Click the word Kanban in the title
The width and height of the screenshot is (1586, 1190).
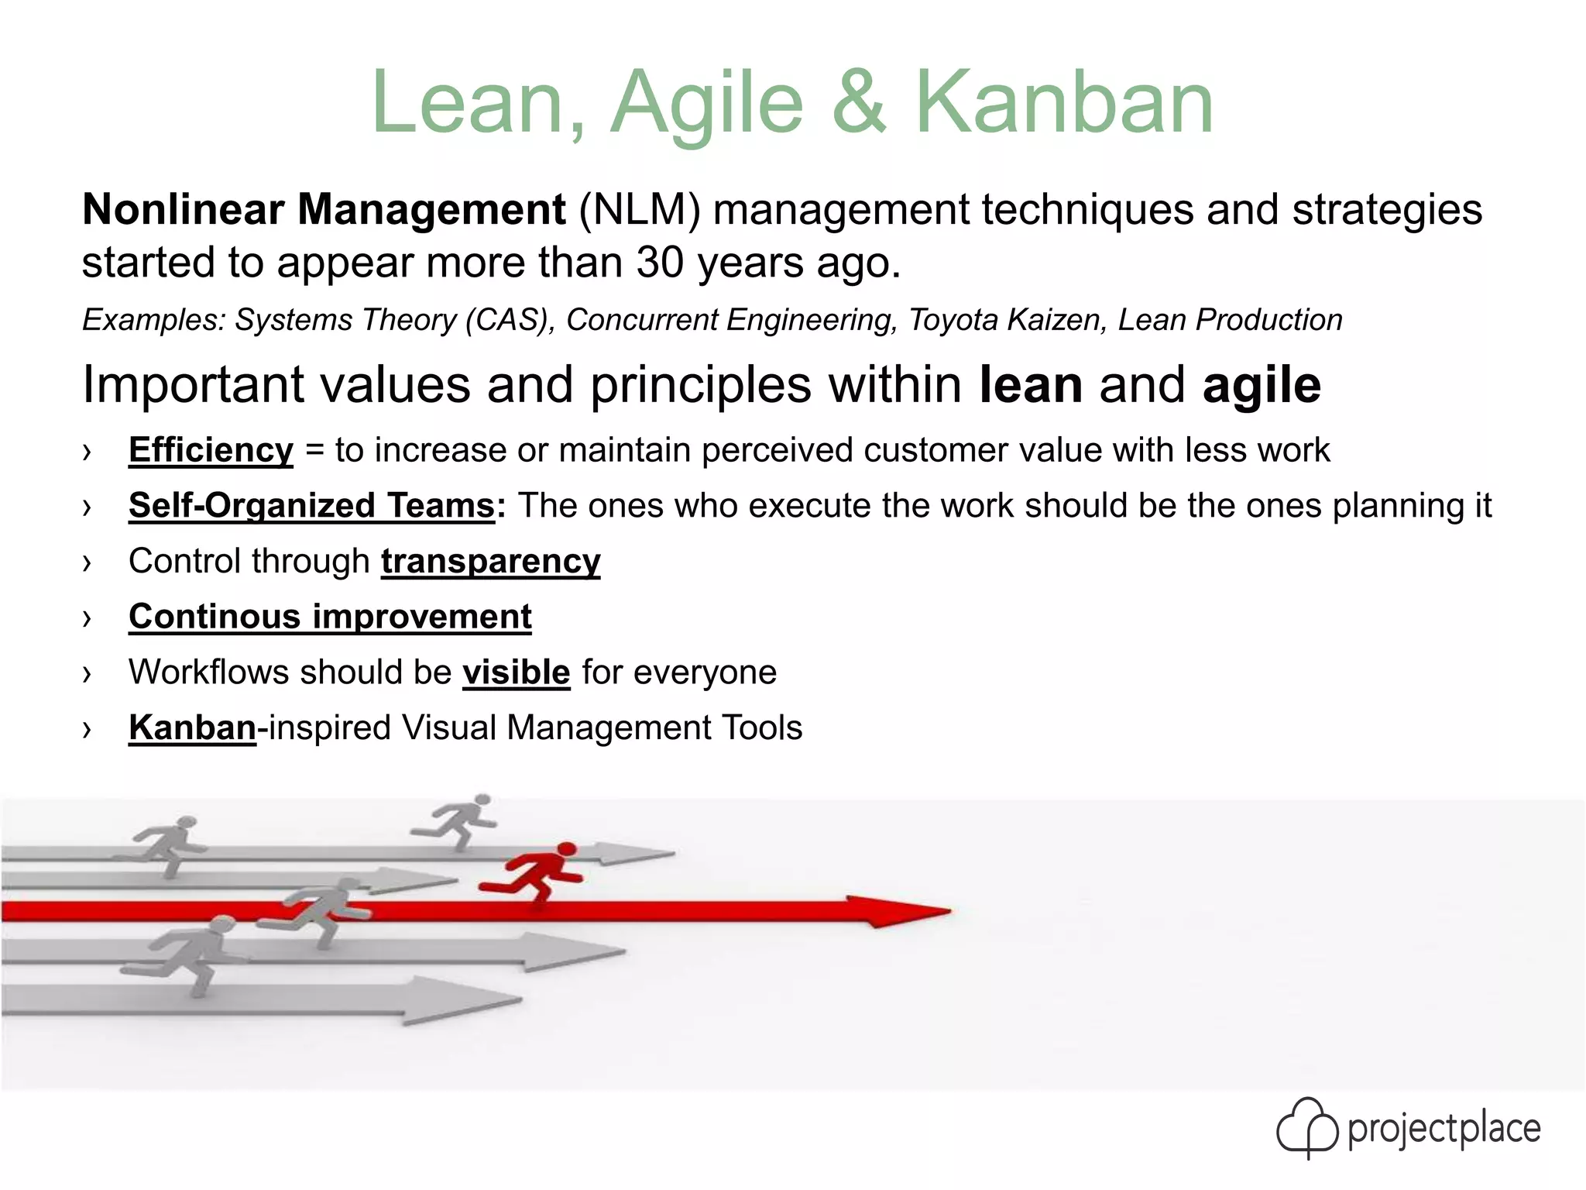pos(1064,103)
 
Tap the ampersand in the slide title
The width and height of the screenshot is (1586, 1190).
pos(858,103)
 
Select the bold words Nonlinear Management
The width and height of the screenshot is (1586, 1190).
pos(324,210)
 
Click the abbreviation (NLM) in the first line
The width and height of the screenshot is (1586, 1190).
pos(639,210)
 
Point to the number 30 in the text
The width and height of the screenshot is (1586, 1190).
pos(661,263)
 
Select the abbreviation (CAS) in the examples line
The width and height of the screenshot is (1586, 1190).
pos(510,320)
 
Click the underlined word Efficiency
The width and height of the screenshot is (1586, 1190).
pos(211,450)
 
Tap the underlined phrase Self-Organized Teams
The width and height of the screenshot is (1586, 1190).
pos(311,506)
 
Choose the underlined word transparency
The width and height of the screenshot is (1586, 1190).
pos(490,562)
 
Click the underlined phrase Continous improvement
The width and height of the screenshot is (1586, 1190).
pos(330,617)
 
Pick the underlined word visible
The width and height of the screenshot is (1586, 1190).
pos(516,672)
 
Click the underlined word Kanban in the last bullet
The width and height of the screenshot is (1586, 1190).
pos(192,728)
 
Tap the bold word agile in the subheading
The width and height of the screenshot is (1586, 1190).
pos(1262,385)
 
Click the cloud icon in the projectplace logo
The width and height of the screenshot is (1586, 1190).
pos(1306,1128)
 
